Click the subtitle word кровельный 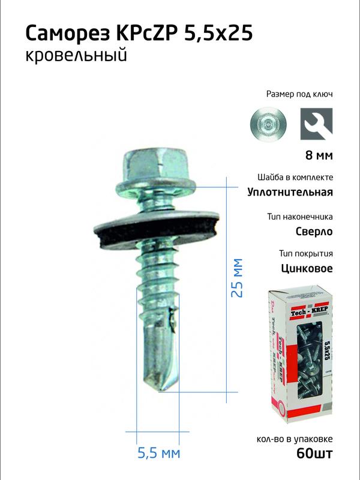tap(76, 57)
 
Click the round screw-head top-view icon tap(268, 124)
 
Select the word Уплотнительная tap(290, 192)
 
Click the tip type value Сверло tap(314, 230)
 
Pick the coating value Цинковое tap(307, 268)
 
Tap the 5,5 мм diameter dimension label tap(158, 453)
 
